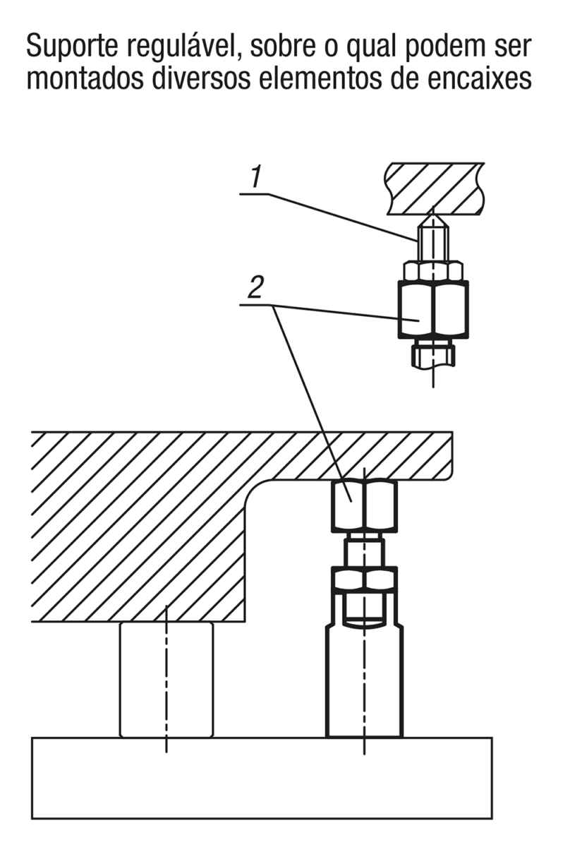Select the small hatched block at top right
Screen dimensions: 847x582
click(x=435, y=188)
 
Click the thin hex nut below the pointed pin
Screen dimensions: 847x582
click(x=433, y=270)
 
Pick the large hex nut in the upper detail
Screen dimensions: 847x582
click(x=433, y=308)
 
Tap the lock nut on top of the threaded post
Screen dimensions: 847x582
click(x=364, y=579)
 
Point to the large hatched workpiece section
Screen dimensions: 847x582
click(x=141, y=522)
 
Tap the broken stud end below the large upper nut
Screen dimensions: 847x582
click(x=433, y=354)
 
